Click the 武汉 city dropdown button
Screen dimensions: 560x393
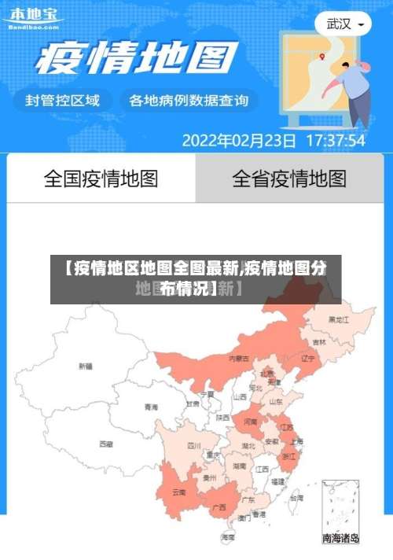tap(343, 24)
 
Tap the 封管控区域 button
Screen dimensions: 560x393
tap(63, 101)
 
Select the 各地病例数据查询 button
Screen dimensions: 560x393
tap(189, 101)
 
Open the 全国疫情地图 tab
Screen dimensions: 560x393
tap(101, 179)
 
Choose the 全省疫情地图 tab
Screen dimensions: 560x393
tap(289, 179)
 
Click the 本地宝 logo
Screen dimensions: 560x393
tap(33, 17)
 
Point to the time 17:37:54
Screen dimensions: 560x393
tap(335, 142)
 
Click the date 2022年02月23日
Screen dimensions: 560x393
tap(240, 142)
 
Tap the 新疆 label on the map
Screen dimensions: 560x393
tap(86, 366)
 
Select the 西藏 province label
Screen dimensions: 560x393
tap(105, 444)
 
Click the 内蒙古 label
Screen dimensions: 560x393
tap(239, 359)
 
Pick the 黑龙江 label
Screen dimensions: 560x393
tap(339, 320)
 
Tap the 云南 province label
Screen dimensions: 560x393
tap(179, 493)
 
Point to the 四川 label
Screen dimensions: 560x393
tap(193, 446)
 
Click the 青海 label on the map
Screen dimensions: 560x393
tap(151, 407)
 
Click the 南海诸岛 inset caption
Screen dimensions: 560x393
tap(340, 539)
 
